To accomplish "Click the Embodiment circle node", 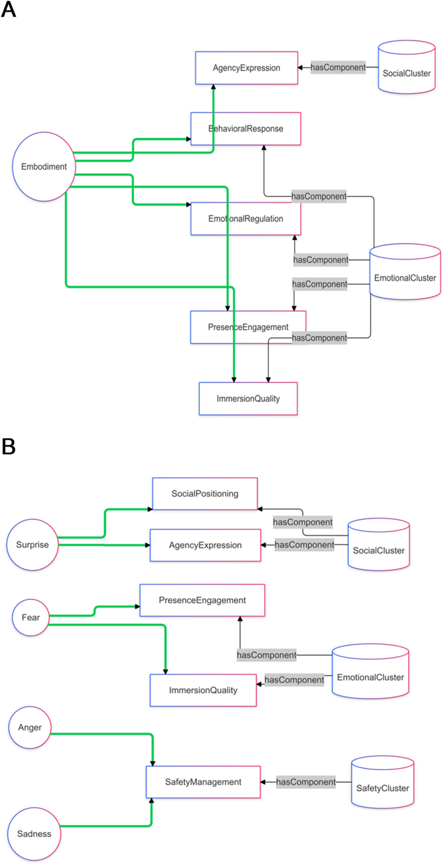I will click(44, 167).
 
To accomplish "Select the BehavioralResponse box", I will click(246, 129).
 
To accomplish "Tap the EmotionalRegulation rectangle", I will click(246, 219).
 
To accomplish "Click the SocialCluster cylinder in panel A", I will click(407, 68).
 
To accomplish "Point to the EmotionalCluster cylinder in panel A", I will click(405, 272).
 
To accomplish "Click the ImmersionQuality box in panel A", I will click(248, 399).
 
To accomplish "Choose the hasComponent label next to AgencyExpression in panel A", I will click(338, 67).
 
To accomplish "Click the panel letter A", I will click(8, 9).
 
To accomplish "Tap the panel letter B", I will click(8, 446).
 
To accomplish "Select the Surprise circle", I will click(33, 544).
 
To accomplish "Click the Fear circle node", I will click(31, 617).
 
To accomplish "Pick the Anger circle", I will click(30, 727).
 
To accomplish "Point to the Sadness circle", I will click(34, 834).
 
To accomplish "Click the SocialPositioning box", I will click(205, 494).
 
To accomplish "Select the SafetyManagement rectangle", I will click(203, 782).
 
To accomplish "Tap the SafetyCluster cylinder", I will click(383, 782).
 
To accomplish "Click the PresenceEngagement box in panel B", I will click(202, 600).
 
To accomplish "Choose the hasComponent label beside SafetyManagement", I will click(306, 782).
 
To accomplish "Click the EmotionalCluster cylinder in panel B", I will click(371, 671).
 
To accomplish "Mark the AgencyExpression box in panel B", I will click(205, 545).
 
